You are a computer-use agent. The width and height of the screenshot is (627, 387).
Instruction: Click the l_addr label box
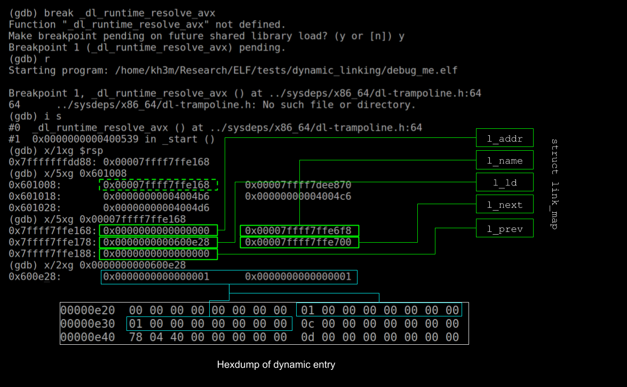(504, 138)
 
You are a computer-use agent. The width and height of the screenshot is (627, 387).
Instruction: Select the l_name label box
(504, 160)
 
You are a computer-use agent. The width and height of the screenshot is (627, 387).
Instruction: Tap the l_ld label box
(504, 183)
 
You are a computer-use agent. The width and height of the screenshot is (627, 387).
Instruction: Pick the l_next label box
(504, 205)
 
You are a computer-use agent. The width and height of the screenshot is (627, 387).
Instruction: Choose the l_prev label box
(504, 229)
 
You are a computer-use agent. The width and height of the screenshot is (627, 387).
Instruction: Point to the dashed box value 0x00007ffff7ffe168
(158, 185)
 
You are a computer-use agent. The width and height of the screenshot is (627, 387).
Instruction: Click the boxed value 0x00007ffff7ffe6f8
(299, 231)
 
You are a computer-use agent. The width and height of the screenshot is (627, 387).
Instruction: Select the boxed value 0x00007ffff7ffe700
(299, 243)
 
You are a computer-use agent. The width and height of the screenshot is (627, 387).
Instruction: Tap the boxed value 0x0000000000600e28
(158, 243)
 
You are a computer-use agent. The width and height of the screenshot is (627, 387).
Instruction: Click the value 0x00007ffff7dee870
(298, 185)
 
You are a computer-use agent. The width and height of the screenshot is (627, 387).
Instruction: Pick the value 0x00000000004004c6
(298, 196)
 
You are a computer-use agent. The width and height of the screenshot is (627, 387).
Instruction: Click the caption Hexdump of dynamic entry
(276, 365)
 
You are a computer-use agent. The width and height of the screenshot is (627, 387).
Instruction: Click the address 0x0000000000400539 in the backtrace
(85, 139)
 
